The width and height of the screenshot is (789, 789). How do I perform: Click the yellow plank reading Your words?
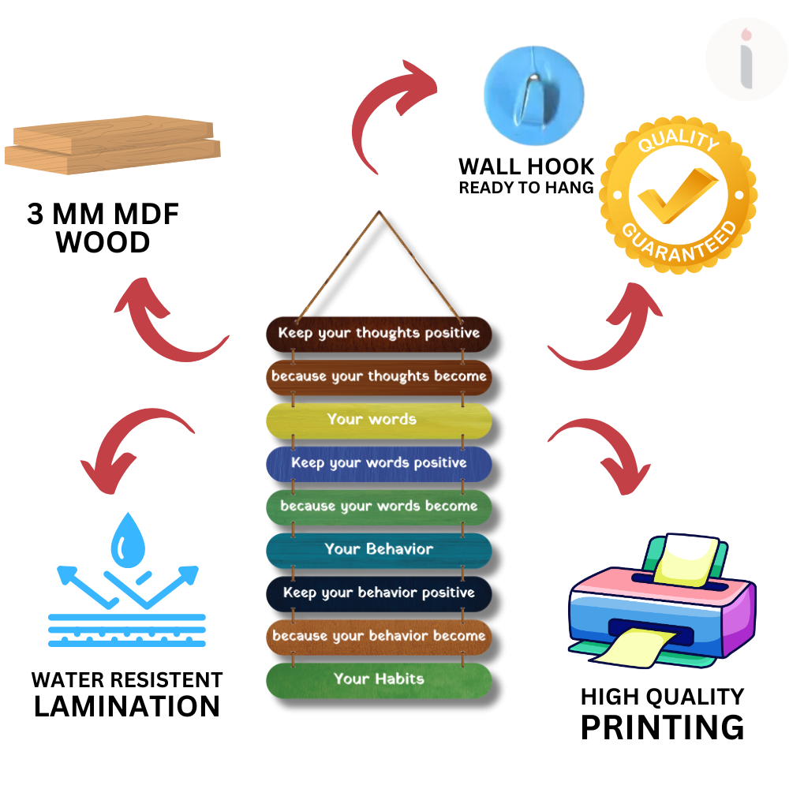click(379, 419)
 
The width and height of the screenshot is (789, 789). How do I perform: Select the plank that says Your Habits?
click(379, 679)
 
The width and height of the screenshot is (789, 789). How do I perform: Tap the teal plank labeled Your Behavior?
click(379, 549)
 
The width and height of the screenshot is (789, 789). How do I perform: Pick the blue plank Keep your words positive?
click(379, 462)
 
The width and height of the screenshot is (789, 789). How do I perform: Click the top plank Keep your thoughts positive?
click(379, 333)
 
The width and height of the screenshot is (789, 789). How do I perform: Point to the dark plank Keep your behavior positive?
click(379, 593)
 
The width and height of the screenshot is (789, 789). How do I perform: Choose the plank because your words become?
click(379, 506)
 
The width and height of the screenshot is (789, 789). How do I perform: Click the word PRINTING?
click(662, 727)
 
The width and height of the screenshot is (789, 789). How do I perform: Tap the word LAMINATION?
click(127, 706)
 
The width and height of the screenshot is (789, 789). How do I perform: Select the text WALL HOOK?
click(526, 167)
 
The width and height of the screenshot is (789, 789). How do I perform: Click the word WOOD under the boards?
click(103, 242)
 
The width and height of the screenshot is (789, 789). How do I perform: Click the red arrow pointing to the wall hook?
click(391, 110)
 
